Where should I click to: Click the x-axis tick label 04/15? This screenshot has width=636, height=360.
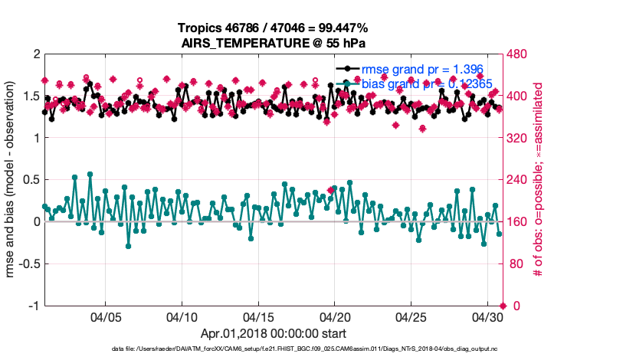pos(258,316)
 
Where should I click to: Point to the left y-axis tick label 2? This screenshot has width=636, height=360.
pos(36,55)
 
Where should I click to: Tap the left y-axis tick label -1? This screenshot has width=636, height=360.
pos(34,306)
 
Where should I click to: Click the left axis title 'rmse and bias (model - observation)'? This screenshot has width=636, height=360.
pos(12,180)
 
